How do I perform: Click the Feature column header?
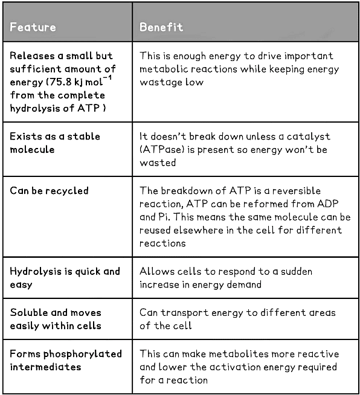point(33,27)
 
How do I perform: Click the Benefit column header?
point(161,27)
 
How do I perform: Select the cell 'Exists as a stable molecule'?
point(55,142)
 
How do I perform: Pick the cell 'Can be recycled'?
point(49,190)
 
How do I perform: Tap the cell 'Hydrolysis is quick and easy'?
point(65,277)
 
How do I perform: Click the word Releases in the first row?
point(33,56)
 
